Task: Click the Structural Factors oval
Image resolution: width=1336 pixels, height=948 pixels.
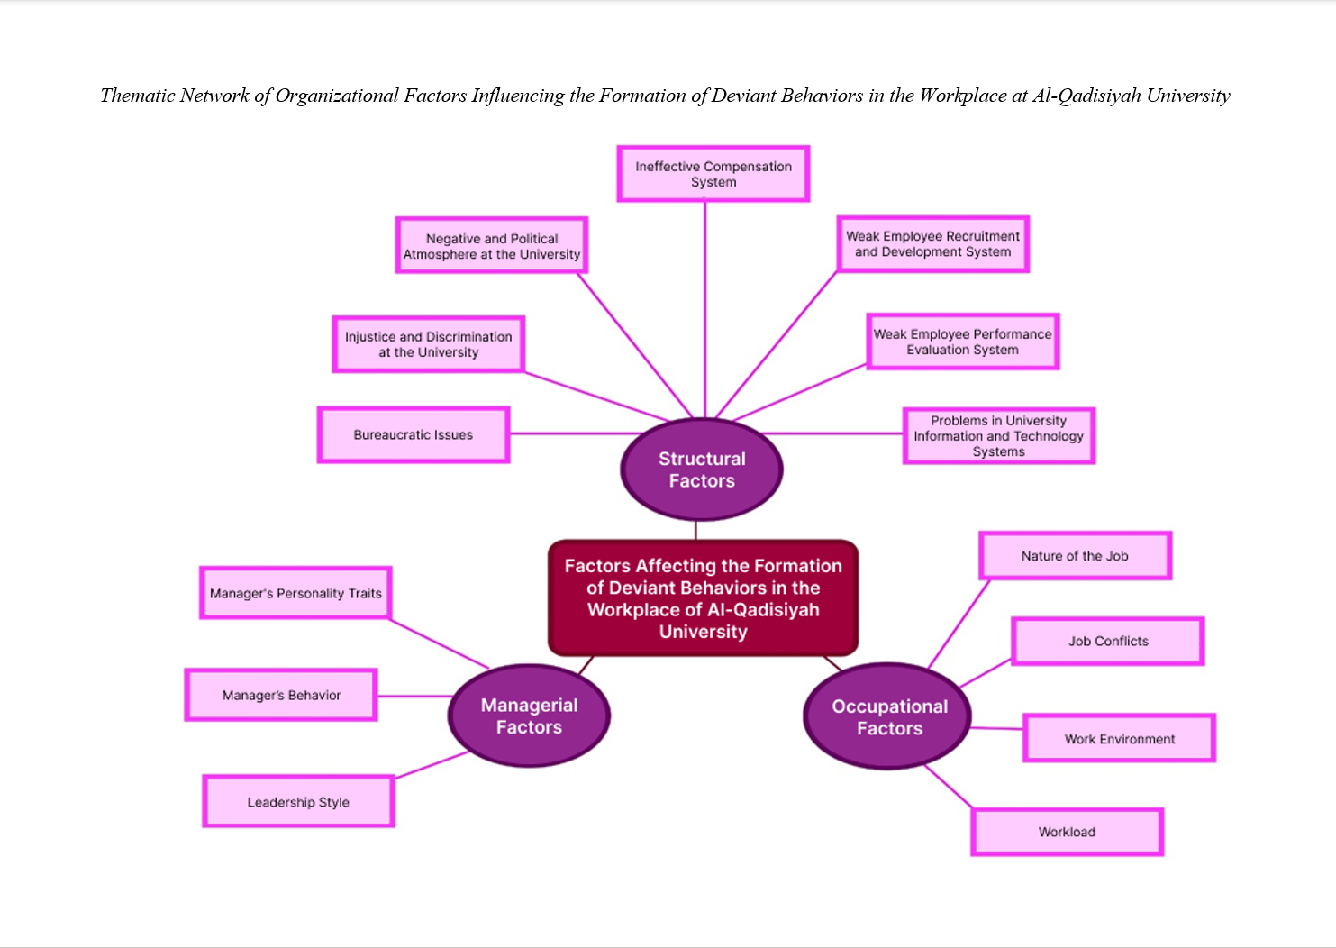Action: point(702,469)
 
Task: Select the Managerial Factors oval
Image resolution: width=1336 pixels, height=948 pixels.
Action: point(529,716)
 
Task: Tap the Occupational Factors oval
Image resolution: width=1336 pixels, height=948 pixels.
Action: point(888,717)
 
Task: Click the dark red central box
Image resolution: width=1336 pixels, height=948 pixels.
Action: point(703,598)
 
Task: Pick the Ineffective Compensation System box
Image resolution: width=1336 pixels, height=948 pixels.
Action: point(713,174)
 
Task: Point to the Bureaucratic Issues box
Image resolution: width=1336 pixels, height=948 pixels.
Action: point(414,434)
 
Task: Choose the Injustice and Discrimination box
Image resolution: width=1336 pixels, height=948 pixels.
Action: point(428,344)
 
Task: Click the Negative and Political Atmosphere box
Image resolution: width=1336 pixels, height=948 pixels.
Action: point(492,245)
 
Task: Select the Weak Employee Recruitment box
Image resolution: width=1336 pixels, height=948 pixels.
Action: point(932,244)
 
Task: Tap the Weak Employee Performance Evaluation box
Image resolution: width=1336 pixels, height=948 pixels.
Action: point(962,342)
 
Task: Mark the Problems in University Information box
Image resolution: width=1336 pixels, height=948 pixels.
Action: point(998,436)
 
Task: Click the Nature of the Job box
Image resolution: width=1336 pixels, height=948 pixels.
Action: point(1075,556)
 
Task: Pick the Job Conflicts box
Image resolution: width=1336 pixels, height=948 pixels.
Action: point(1108,642)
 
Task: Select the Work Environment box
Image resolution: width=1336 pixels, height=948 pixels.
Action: point(1119,739)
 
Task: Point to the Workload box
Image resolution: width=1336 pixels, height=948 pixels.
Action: point(1067,832)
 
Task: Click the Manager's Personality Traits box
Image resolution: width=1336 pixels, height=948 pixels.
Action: point(295,593)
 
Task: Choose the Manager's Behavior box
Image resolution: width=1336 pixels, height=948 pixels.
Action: point(281,695)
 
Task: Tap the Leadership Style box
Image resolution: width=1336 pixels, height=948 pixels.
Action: point(298,802)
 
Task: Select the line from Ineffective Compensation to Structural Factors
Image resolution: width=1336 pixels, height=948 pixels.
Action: point(705,306)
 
